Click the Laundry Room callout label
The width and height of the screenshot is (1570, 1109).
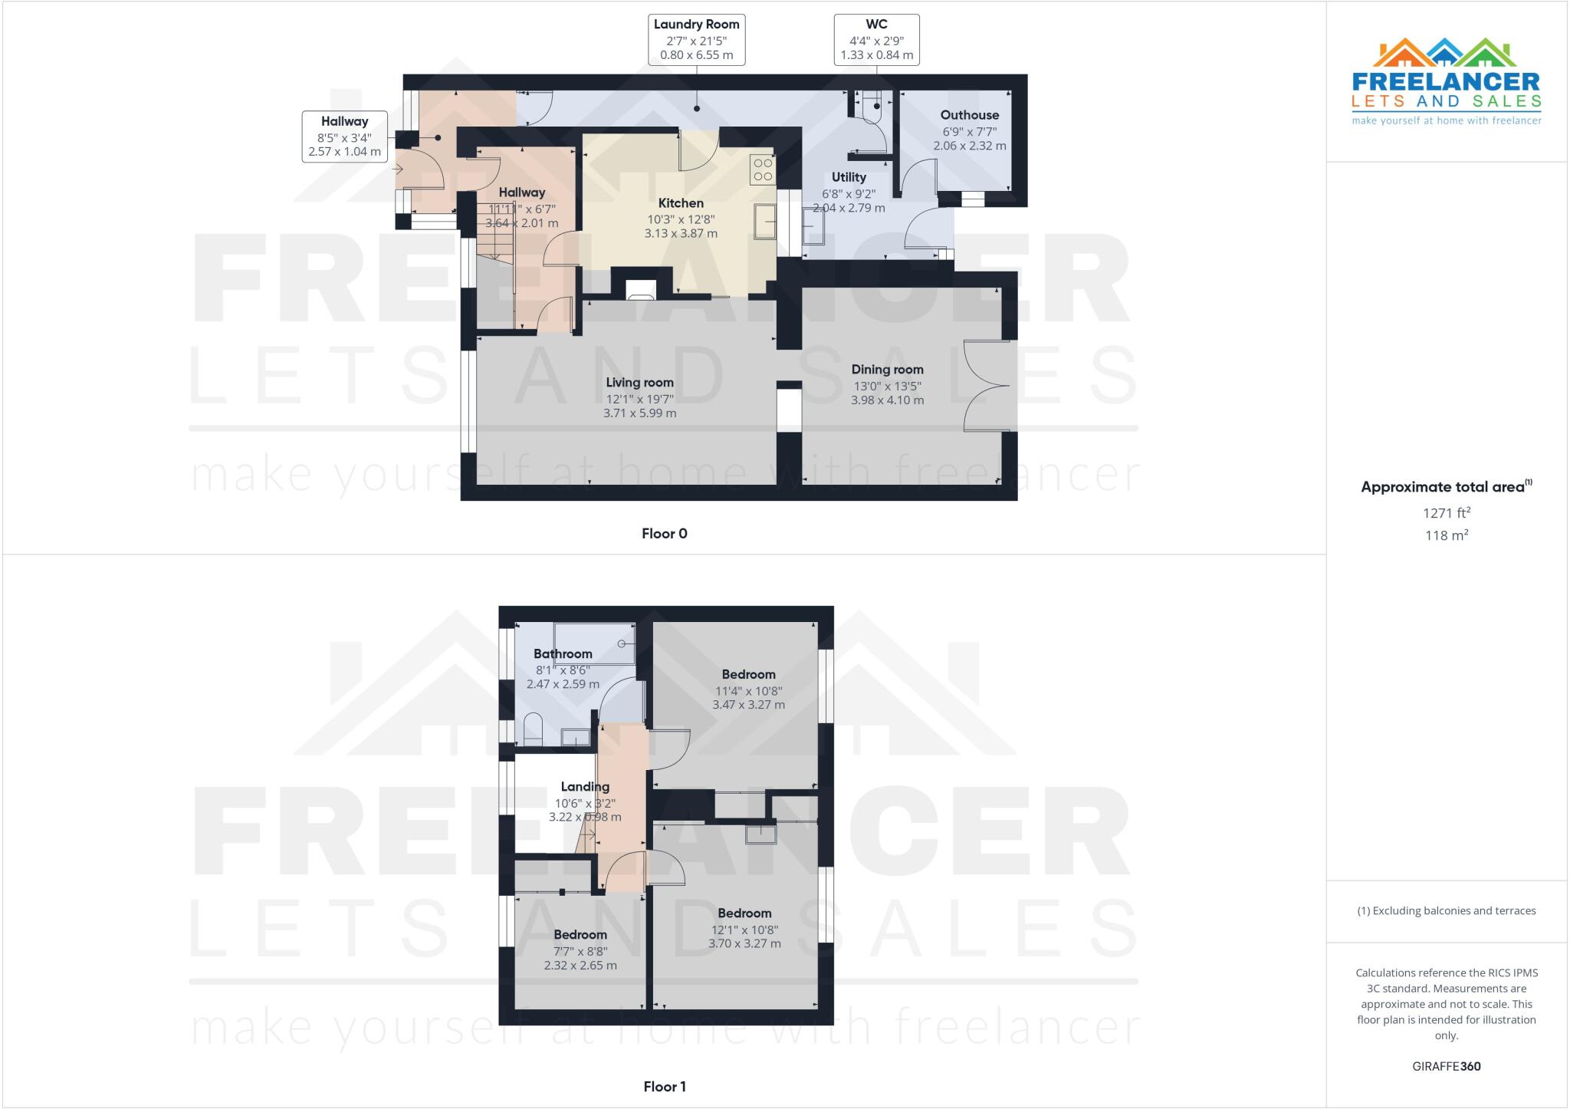(696, 40)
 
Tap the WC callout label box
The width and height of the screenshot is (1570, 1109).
(876, 40)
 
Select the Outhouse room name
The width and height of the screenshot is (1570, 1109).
(970, 115)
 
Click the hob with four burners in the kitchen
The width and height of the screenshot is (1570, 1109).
(763, 169)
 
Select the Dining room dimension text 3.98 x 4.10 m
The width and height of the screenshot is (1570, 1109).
(887, 400)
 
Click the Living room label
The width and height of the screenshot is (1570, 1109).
(639, 383)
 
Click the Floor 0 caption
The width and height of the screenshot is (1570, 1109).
(664, 534)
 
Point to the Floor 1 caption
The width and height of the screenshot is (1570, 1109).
(664, 1087)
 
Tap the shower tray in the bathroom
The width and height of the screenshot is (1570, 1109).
(595, 643)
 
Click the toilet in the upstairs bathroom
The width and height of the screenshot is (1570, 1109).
(533, 729)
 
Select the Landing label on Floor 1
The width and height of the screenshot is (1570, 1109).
(585, 786)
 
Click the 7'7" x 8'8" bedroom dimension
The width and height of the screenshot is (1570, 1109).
(580, 951)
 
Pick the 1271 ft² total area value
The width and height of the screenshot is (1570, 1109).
(1446, 513)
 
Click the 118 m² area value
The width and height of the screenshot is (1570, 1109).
(1446, 535)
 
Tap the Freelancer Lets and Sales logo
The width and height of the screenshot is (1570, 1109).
(1446, 81)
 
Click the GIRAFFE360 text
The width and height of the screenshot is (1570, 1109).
(1446, 1066)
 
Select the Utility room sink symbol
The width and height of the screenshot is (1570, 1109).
(813, 225)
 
